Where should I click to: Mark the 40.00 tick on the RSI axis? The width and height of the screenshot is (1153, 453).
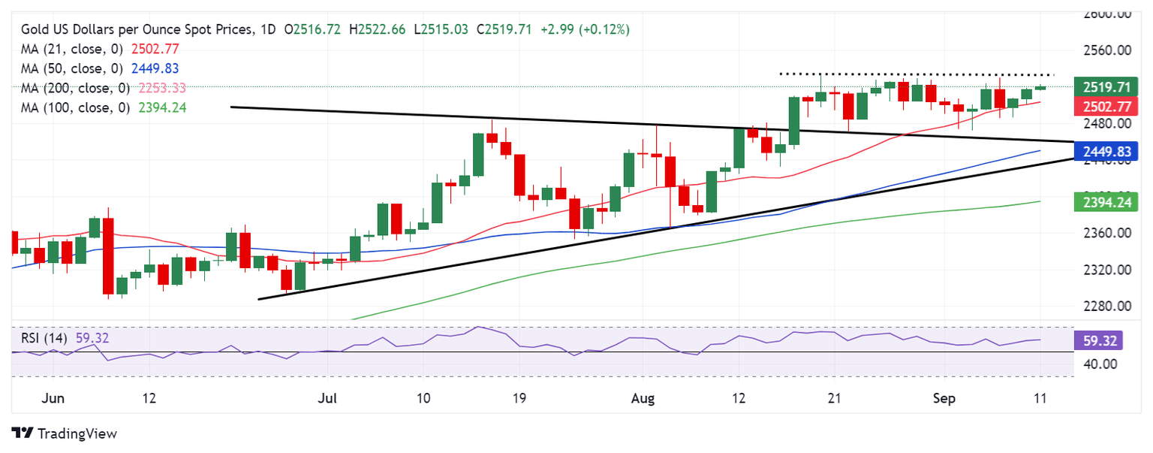click(1100, 364)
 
